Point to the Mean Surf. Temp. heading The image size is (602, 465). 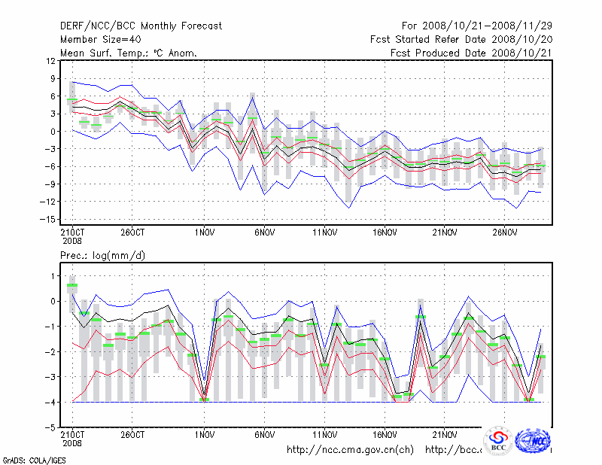(x=129, y=53)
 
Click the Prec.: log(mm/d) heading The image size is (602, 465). (x=103, y=256)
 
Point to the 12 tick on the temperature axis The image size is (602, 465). (x=50, y=60)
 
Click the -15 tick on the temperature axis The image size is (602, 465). (x=47, y=219)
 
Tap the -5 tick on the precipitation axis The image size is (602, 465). (x=50, y=427)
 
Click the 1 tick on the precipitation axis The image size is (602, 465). (x=53, y=276)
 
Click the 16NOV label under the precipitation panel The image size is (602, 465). (x=384, y=434)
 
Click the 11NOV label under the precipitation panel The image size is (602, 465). (x=324, y=434)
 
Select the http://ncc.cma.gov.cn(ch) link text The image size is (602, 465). (x=351, y=450)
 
